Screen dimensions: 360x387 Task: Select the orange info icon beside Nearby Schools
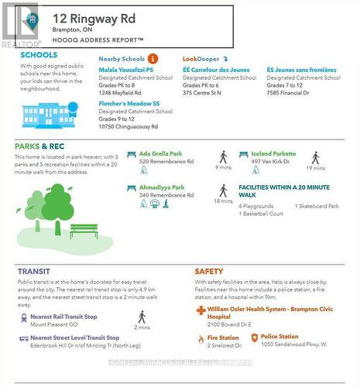coord(153,58)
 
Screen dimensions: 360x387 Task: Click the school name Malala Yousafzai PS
coord(129,69)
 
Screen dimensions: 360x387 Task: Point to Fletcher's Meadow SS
coord(129,103)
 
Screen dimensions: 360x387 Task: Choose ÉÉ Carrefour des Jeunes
coord(216,69)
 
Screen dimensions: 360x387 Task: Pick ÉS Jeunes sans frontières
coord(301,69)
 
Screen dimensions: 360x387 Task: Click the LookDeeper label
coord(201,58)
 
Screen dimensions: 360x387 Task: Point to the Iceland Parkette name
coord(273,153)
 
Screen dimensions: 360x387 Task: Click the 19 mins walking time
coord(315,168)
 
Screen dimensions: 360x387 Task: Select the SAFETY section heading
coord(209,271)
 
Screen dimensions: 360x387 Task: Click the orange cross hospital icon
coord(201,310)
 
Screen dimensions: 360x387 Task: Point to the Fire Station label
coord(223,337)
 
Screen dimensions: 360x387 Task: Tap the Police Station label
coord(279,337)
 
